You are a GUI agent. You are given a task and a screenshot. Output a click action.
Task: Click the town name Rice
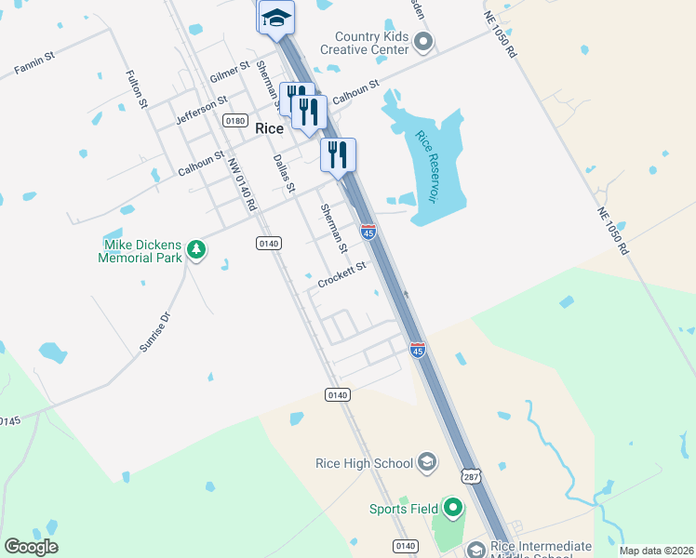(x=269, y=129)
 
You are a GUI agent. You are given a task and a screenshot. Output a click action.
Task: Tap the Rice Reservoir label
(x=426, y=167)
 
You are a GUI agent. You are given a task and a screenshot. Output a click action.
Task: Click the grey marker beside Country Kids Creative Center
(x=423, y=41)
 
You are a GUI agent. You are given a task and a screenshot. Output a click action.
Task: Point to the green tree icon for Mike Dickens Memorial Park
(x=195, y=248)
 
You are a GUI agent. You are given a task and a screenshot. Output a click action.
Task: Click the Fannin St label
(x=34, y=63)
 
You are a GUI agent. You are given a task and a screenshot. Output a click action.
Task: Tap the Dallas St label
(x=284, y=174)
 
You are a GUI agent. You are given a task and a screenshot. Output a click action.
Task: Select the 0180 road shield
(x=234, y=121)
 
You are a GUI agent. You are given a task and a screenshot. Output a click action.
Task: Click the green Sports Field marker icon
(x=453, y=508)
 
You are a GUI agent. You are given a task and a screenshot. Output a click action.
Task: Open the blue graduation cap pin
(x=276, y=18)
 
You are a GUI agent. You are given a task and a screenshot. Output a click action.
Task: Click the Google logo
(x=31, y=547)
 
